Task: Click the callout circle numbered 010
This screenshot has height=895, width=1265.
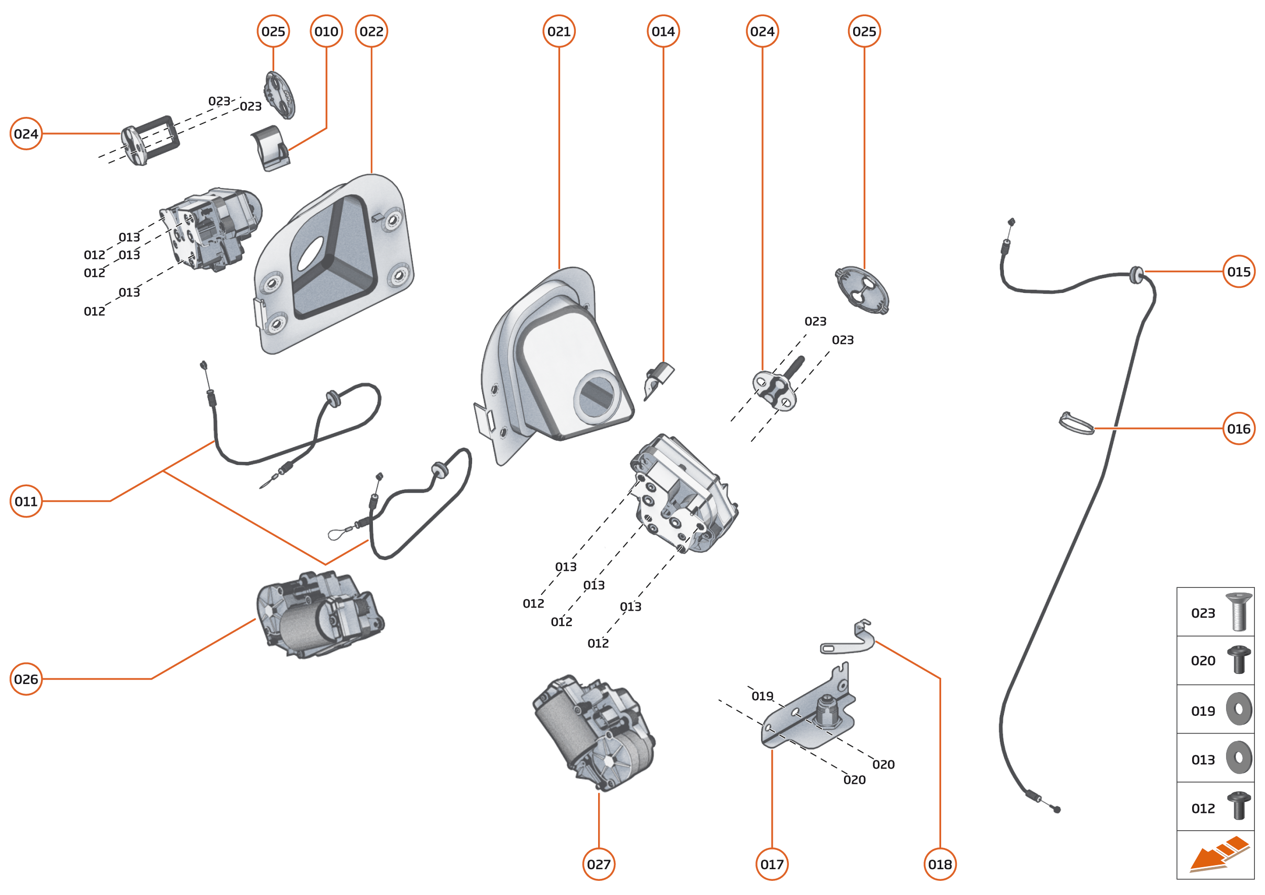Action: coord(326,31)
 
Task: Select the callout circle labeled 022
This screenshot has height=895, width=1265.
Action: coord(371,31)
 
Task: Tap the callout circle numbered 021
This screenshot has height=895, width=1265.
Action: coord(559,31)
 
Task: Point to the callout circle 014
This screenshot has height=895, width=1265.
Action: coord(663,31)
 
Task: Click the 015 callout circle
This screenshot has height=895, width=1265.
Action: coord(1239,272)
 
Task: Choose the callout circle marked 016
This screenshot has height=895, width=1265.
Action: coord(1239,429)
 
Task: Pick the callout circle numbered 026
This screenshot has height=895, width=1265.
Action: coord(26,679)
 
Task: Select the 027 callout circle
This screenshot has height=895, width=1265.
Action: coord(599,864)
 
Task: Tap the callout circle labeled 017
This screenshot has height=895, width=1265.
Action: coord(772,864)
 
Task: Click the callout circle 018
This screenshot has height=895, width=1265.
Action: coord(940,864)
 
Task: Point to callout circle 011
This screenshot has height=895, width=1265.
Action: coord(26,501)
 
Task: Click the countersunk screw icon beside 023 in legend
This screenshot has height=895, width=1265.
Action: coord(1238,612)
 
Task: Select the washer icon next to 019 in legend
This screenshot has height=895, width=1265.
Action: coord(1239,709)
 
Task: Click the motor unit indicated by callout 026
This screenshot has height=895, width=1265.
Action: coord(320,615)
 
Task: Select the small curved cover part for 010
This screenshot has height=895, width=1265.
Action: coord(271,148)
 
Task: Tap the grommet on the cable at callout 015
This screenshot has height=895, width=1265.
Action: coord(1135,274)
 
